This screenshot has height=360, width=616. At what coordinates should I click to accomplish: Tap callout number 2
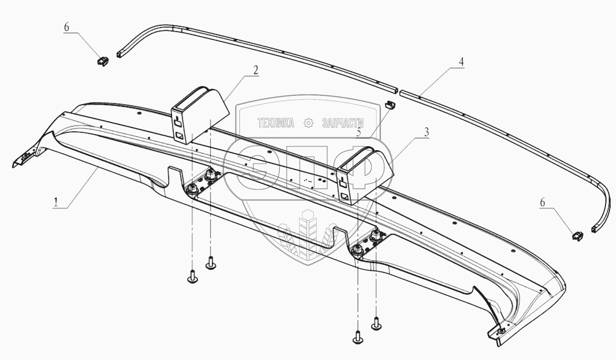pyautogui.click(x=255, y=70)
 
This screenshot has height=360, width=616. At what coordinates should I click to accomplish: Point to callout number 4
pyautogui.click(x=461, y=62)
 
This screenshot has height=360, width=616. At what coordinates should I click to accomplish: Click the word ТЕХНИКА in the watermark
pyautogui.click(x=276, y=123)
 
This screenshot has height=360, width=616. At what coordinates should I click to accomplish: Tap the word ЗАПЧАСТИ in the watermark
pyautogui.click(x=343, y=123)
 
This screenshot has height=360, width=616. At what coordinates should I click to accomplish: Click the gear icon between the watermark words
pyautogui.click(x=308, y=123)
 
